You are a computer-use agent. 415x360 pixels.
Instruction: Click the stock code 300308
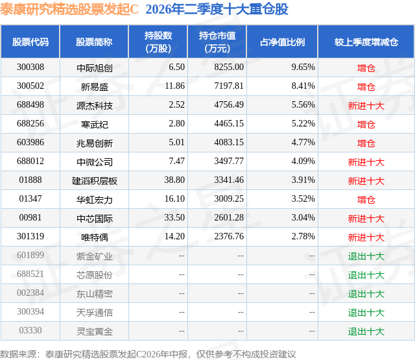click(30, 67)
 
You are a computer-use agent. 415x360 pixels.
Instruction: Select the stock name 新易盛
click(95, 87)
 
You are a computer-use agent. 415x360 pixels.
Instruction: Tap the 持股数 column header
click(158, 42)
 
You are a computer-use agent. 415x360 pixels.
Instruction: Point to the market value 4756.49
click(229, 104)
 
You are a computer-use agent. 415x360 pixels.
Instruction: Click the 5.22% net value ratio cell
click(303, 123)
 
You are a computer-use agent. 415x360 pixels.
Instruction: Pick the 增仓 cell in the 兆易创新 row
click(366, 143)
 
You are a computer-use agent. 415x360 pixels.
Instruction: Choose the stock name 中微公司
click(95, 162)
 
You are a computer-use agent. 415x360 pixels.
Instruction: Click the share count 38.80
click(174, 180)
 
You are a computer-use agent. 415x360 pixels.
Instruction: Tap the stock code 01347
click(30, 198)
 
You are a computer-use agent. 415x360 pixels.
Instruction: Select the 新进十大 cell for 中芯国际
click(366, 219)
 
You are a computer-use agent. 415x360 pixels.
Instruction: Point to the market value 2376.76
click(229, 236)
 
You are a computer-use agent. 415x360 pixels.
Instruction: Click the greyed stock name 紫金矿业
click(95, 256)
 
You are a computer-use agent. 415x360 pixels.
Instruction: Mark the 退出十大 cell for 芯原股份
click(366, 275)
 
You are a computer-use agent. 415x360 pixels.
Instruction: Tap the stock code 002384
click(30, 293)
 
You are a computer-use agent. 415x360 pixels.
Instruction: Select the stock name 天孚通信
click(95, 313)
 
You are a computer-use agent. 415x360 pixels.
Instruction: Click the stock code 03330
click(30, 330)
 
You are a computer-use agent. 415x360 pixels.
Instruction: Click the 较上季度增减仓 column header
click(366, 42)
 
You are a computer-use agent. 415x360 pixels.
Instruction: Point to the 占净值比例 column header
click(282, 42)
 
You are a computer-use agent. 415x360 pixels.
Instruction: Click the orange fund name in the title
click(69, 10)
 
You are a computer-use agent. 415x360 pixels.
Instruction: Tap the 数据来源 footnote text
click(148, 354)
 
